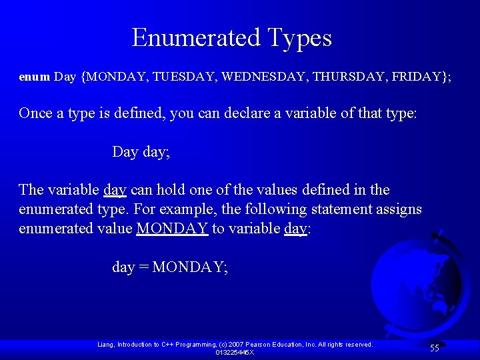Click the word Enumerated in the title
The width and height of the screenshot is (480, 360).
tap(196, 37)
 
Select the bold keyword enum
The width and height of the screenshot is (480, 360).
tap(34, 77)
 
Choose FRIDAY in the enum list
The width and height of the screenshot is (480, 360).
tap(417, 77)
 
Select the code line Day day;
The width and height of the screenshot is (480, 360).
tap(141, 152)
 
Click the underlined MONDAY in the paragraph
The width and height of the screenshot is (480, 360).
tap(172, 229)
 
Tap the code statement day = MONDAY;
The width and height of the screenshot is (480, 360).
tap(170, 267)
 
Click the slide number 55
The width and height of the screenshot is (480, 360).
tap(434, 348)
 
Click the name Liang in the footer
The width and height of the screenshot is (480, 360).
tap(106, 345)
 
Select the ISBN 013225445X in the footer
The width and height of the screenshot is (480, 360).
tap(235, 352)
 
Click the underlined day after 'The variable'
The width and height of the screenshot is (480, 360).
tap(115, 190)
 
